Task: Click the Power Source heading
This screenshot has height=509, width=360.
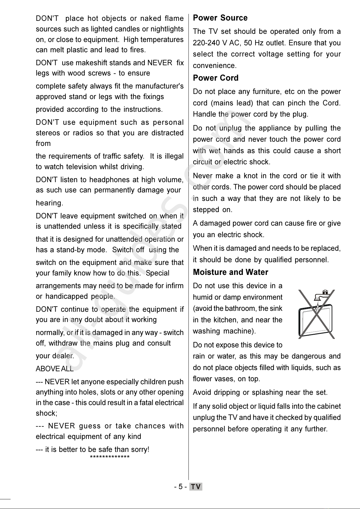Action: [220, 18]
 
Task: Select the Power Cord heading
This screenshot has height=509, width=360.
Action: [216, 78]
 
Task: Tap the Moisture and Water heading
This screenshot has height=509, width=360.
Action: [230, 272]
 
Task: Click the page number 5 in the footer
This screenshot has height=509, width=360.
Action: [180, 487]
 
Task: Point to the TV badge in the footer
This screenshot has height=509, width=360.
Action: [196, 487]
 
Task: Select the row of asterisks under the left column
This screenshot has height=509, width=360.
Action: [110, 457]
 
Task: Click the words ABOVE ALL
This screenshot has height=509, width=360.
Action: [55, 369]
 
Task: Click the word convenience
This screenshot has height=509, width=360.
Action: [214, 66]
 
